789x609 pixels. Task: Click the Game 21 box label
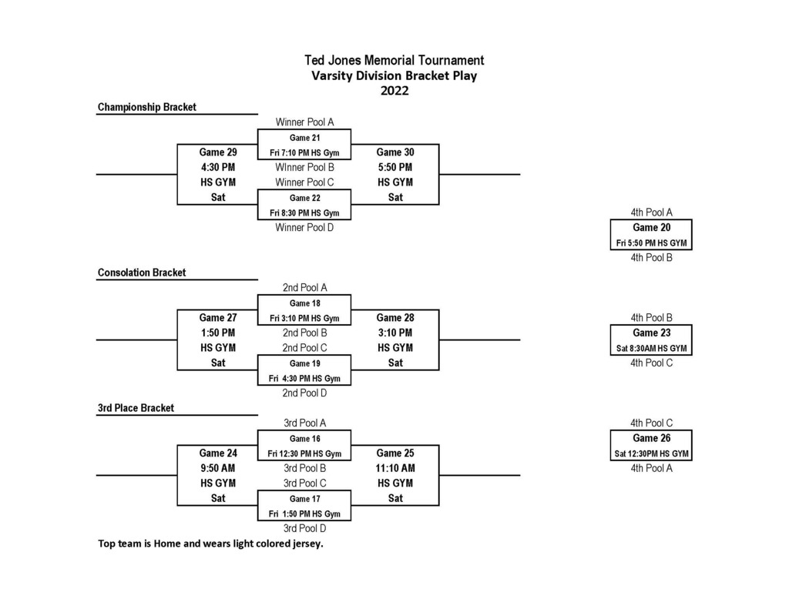304,138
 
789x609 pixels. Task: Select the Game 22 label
304,198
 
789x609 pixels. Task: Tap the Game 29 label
218,152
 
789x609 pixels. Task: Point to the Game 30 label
395,152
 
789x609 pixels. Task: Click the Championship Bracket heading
147,107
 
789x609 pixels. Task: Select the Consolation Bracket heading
142,273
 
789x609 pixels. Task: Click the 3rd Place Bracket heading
136,408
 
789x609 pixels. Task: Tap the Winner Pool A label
304,122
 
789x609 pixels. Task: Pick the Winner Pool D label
304,228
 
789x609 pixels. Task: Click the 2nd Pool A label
304,288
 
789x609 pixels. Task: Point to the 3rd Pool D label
304,528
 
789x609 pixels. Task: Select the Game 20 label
652,228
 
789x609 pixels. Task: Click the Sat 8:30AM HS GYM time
652,348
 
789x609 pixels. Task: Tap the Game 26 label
652,439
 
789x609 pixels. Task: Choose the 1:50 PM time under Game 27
218,333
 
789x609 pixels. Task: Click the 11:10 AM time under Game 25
395,468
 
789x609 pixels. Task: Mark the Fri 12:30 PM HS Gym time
304,453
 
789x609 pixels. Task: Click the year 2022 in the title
394,91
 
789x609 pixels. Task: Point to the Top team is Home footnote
210,544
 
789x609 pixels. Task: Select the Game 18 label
304,303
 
